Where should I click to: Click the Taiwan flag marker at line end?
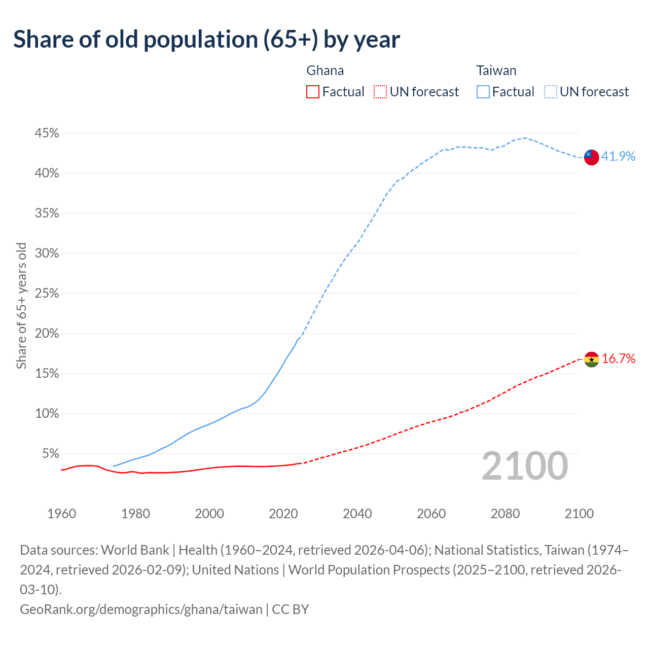(x=591, y=157)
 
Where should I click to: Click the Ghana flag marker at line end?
(x=591, y=359)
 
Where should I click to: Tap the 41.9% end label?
(x=618, y=156)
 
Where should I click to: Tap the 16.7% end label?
(x=618, y=358)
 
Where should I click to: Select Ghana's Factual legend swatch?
(x=313, y=92)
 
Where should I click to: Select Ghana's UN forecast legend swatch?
(x=380, y=92)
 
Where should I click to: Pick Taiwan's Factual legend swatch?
(x=483, y=92)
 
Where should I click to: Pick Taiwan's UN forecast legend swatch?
(x=550, y=92)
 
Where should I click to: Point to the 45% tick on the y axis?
(x=47, y=133)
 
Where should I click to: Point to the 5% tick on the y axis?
(x=50, y=453)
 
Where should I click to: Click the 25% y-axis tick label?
(x=47, y=293)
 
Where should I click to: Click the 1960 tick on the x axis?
(x=61, y=514)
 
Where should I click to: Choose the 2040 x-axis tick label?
(x=357, y=514)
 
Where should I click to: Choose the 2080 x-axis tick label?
(x=505, y=514)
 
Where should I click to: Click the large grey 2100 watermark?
(x=524, y=465)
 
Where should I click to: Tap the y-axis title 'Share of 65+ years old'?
(x=21, y=306)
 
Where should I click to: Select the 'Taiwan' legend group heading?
(x=496, y=70)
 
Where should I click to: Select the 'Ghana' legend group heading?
(x=325, y=70)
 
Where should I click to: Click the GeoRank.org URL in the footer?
(x=141, y=609)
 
